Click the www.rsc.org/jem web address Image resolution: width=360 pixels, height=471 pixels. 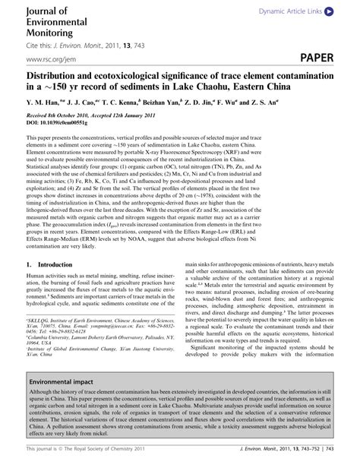55,58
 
